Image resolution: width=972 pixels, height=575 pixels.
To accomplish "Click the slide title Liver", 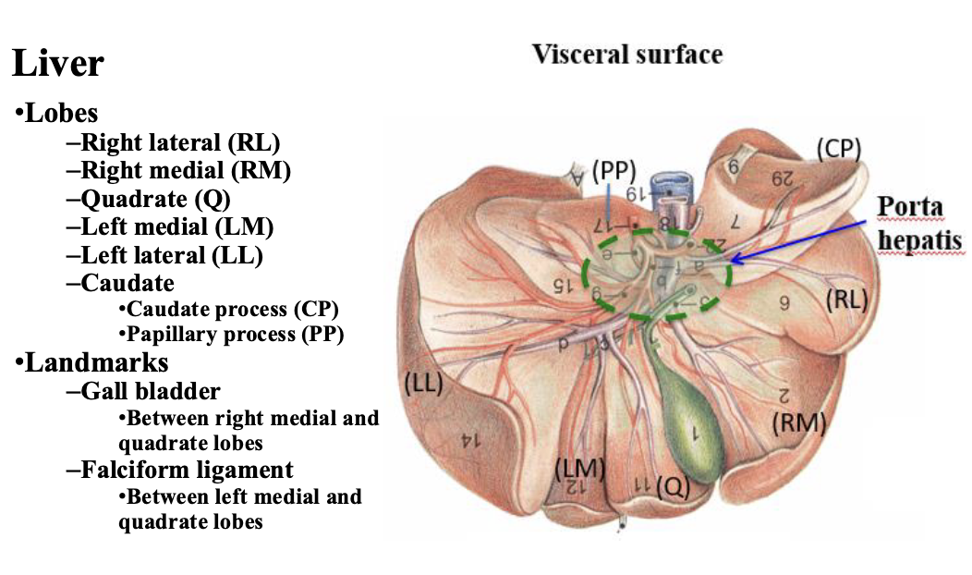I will point(57,66).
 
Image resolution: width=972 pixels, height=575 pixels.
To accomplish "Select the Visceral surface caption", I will point(627,55).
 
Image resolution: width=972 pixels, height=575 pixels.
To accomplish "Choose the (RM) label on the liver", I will point(798,422).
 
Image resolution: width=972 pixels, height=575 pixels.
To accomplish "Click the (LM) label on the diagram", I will point(578,469).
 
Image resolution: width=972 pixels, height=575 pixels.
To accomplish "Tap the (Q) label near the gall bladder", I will point(673,487).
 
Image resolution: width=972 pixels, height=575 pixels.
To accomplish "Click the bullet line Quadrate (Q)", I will point(155,198).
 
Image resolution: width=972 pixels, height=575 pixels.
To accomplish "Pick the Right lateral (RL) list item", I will point(180,142).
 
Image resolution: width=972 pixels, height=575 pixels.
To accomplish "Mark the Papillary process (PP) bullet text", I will point(235,335).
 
